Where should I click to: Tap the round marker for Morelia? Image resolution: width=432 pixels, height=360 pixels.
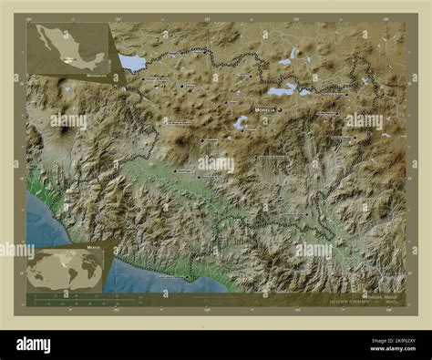(x=281, y=110)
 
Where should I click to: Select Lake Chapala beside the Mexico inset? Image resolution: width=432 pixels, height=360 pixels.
(x=132, y=62)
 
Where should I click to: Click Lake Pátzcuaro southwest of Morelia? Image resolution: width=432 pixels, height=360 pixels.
(x=241, y=122)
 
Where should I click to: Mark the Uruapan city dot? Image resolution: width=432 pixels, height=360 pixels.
(x=201, y=141)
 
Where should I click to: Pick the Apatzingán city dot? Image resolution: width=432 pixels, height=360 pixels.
(x=175, y=170)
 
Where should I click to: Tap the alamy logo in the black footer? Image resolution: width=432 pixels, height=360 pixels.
(x=45, y=345)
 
